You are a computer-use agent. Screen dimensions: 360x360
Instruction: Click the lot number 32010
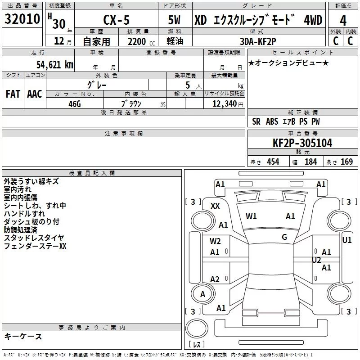coord(22,20)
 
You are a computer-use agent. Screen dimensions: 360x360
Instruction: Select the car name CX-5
coord(114,20)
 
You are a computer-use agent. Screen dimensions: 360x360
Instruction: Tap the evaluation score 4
coord(343,21)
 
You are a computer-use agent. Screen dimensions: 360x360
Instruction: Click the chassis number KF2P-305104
coord(302,144)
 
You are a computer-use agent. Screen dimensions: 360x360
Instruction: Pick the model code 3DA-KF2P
coord(258,40)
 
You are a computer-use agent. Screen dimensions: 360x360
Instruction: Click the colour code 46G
coord(75,103)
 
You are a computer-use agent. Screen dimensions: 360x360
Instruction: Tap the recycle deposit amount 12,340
coord(224,103)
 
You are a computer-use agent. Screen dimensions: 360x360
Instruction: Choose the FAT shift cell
coord(13,94)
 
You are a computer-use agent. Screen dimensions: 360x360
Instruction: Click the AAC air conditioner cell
coord(34,94)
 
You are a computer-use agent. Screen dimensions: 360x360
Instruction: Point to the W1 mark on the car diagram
coord(251,216)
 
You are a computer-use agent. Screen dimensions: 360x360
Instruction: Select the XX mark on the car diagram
coord(215,206)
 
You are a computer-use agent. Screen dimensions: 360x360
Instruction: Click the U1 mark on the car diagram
coord(347,240)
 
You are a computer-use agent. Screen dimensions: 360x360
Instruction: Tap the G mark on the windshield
coord(284,237)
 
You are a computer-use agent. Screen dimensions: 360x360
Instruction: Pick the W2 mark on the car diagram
coord(215,241)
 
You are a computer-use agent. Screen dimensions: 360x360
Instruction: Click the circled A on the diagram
coord(202,294)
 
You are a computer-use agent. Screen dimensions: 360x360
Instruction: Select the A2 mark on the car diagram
coord(215,279)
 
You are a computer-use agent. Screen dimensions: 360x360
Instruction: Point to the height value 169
coord(346,162)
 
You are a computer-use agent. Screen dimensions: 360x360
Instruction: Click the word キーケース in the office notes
coord(23,337)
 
